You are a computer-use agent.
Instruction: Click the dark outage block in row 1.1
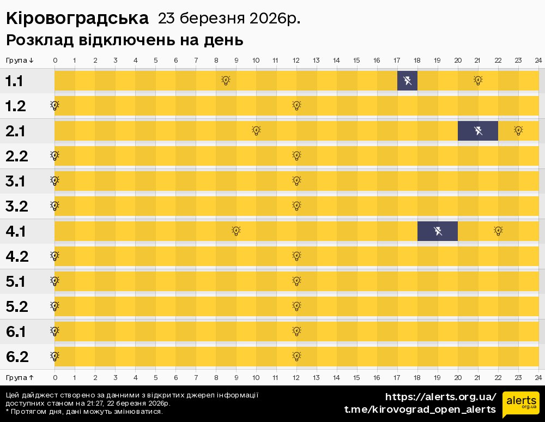tap(407, 81)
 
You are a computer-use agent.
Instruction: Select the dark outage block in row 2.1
tap(478, 131)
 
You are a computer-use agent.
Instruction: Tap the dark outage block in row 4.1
tap(438, 231)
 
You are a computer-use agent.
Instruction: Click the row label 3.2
tap(17, 206)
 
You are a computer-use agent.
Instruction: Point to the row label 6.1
tap(17, 331)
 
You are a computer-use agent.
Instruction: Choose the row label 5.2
tap(17, 306)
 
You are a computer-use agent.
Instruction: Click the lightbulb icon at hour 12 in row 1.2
tap(296, 106)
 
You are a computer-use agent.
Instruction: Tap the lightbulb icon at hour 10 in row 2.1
tap(256, 131)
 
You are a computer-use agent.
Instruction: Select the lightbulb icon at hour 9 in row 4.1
tap(236, 231)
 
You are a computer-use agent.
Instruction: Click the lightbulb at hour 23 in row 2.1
tap(518, 131)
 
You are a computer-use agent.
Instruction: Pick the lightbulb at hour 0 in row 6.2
tap(55, 357)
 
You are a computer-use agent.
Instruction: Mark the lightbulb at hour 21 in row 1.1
tap(478, 81)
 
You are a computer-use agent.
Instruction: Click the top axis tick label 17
tap(397, 60)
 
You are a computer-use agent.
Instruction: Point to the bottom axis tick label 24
tap(538, 377)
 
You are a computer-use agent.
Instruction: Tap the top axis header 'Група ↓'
tap(20, 60)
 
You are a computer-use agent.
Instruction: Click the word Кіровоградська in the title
tap(77, 19)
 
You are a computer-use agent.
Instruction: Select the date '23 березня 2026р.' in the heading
tap(229, 19)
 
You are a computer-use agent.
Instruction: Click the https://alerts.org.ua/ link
tap(440, 396)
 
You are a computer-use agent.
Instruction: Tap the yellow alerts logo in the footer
tap(520, 404)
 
